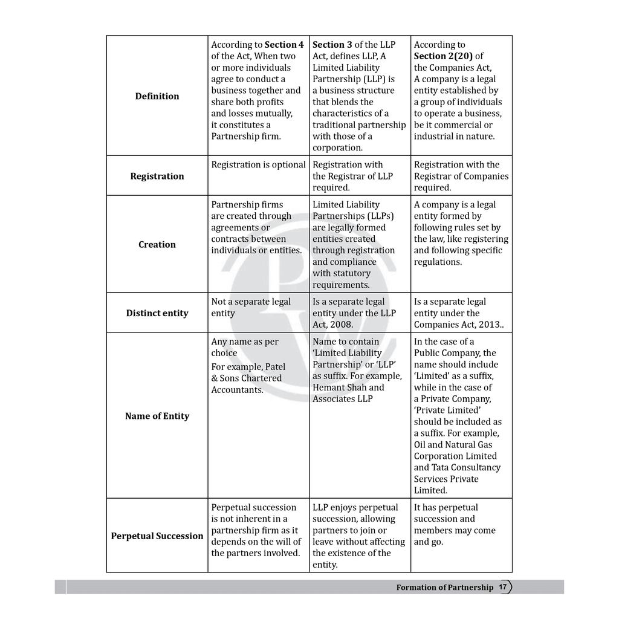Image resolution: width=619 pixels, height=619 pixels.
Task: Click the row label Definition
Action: tap(157, 96)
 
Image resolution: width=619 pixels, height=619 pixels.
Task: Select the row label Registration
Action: tap(157, 176)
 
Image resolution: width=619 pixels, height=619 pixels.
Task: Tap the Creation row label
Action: tap(157, 244)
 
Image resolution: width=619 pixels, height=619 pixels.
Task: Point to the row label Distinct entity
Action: tap(157, 313)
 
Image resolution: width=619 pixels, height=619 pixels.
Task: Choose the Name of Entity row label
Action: tap(157, 416)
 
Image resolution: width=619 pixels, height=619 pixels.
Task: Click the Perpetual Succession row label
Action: tap(157, 536)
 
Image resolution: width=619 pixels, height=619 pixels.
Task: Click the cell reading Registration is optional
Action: tap(258, 164)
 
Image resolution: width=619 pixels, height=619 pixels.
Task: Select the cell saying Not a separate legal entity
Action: tap(251, 307)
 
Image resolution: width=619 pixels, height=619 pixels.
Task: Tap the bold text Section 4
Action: tap(284, 45)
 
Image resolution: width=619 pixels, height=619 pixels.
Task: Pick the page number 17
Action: tap(502, 587)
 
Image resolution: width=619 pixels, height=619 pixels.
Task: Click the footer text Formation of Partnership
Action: tap(445, 588)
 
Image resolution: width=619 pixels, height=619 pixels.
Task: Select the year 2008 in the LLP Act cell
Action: tap(342, 325)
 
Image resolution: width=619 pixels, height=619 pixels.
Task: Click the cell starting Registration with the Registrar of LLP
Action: tap(352, 176)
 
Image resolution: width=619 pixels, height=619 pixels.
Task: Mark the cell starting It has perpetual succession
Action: tap(454, 524)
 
